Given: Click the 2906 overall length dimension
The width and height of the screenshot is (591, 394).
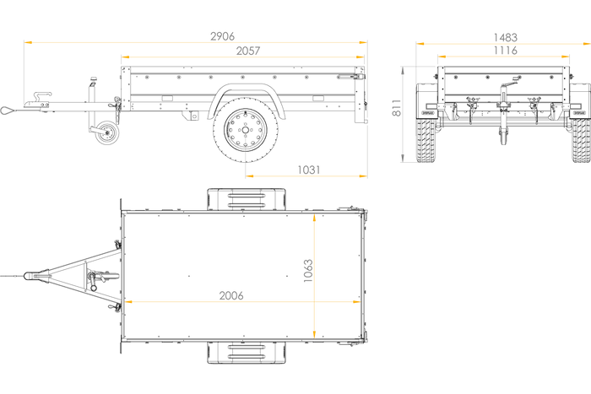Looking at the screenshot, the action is point(222,36).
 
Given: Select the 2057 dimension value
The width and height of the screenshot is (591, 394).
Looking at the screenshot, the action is point(248,51).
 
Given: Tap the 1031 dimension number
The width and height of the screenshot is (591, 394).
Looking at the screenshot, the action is point(309,170).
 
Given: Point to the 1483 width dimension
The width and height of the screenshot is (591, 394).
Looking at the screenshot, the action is point(506,38).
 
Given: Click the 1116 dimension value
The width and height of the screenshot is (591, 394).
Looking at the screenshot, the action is point(506,51).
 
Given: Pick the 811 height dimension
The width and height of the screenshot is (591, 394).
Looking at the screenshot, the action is point(397,108).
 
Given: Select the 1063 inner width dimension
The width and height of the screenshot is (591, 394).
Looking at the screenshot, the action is point(308,271).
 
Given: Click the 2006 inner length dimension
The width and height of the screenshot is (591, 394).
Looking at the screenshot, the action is point(231,295).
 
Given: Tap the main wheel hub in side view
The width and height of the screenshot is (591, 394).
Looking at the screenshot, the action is point(246,130).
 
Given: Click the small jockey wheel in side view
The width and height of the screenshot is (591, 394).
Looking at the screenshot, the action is point(106,132).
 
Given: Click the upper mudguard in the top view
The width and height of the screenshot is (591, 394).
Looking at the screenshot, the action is point(247,199).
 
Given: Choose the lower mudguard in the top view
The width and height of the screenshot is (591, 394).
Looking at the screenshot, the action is point(247,353).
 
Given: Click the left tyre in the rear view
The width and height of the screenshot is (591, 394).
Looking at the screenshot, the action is point(426,141).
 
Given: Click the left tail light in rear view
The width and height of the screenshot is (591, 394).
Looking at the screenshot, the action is point(429,106).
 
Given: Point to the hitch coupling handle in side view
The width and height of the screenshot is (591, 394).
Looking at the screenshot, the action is point(42,95).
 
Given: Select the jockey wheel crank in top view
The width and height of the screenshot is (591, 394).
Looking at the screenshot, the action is point(92,282).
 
